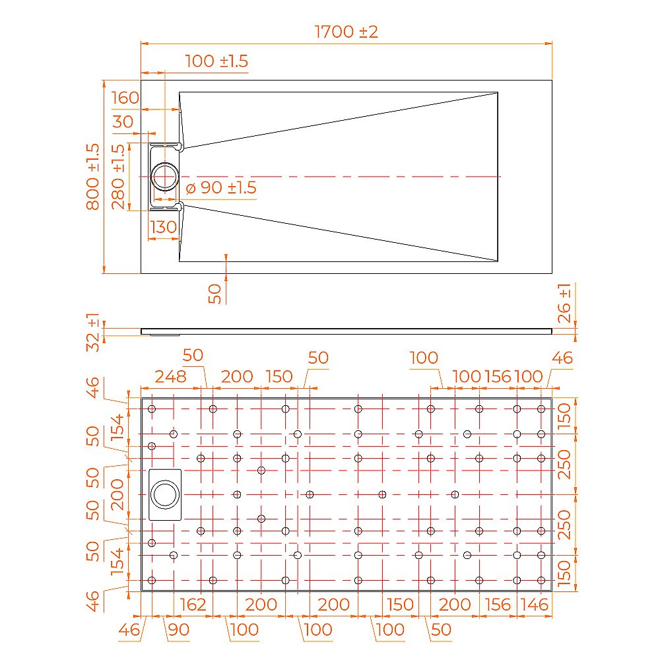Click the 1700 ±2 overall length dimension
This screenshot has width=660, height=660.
(x=346, y=32)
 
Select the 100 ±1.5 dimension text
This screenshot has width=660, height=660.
(x=216, y=61)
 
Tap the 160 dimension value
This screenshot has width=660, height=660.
(x=125, y=98)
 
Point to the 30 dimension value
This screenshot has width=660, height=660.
(x=122, y=121)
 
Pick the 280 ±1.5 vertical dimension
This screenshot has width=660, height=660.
(x=118, y=176)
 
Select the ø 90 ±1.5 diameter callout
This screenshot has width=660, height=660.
(x=220, y=187)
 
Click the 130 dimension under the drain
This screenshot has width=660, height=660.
(x=163, y=227)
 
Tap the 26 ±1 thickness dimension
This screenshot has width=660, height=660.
(x=565, y=304)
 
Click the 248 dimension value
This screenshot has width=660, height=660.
(x=170, y=377)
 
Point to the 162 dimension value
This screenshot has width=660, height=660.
(x=193, y=604)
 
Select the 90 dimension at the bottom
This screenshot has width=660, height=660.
(x=178, y=629)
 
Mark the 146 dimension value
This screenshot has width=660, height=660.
(x=535, y=604)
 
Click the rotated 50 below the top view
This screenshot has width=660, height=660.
(x=214, y=294)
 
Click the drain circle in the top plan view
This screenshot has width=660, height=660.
(x=164, y=177)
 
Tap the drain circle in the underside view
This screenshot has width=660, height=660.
(x=164, y=494)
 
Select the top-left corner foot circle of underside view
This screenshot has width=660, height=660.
(x=152, y=409)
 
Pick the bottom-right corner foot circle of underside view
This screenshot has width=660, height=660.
(x=541, y=580)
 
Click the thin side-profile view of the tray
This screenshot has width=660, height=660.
(x=346, y=331)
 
